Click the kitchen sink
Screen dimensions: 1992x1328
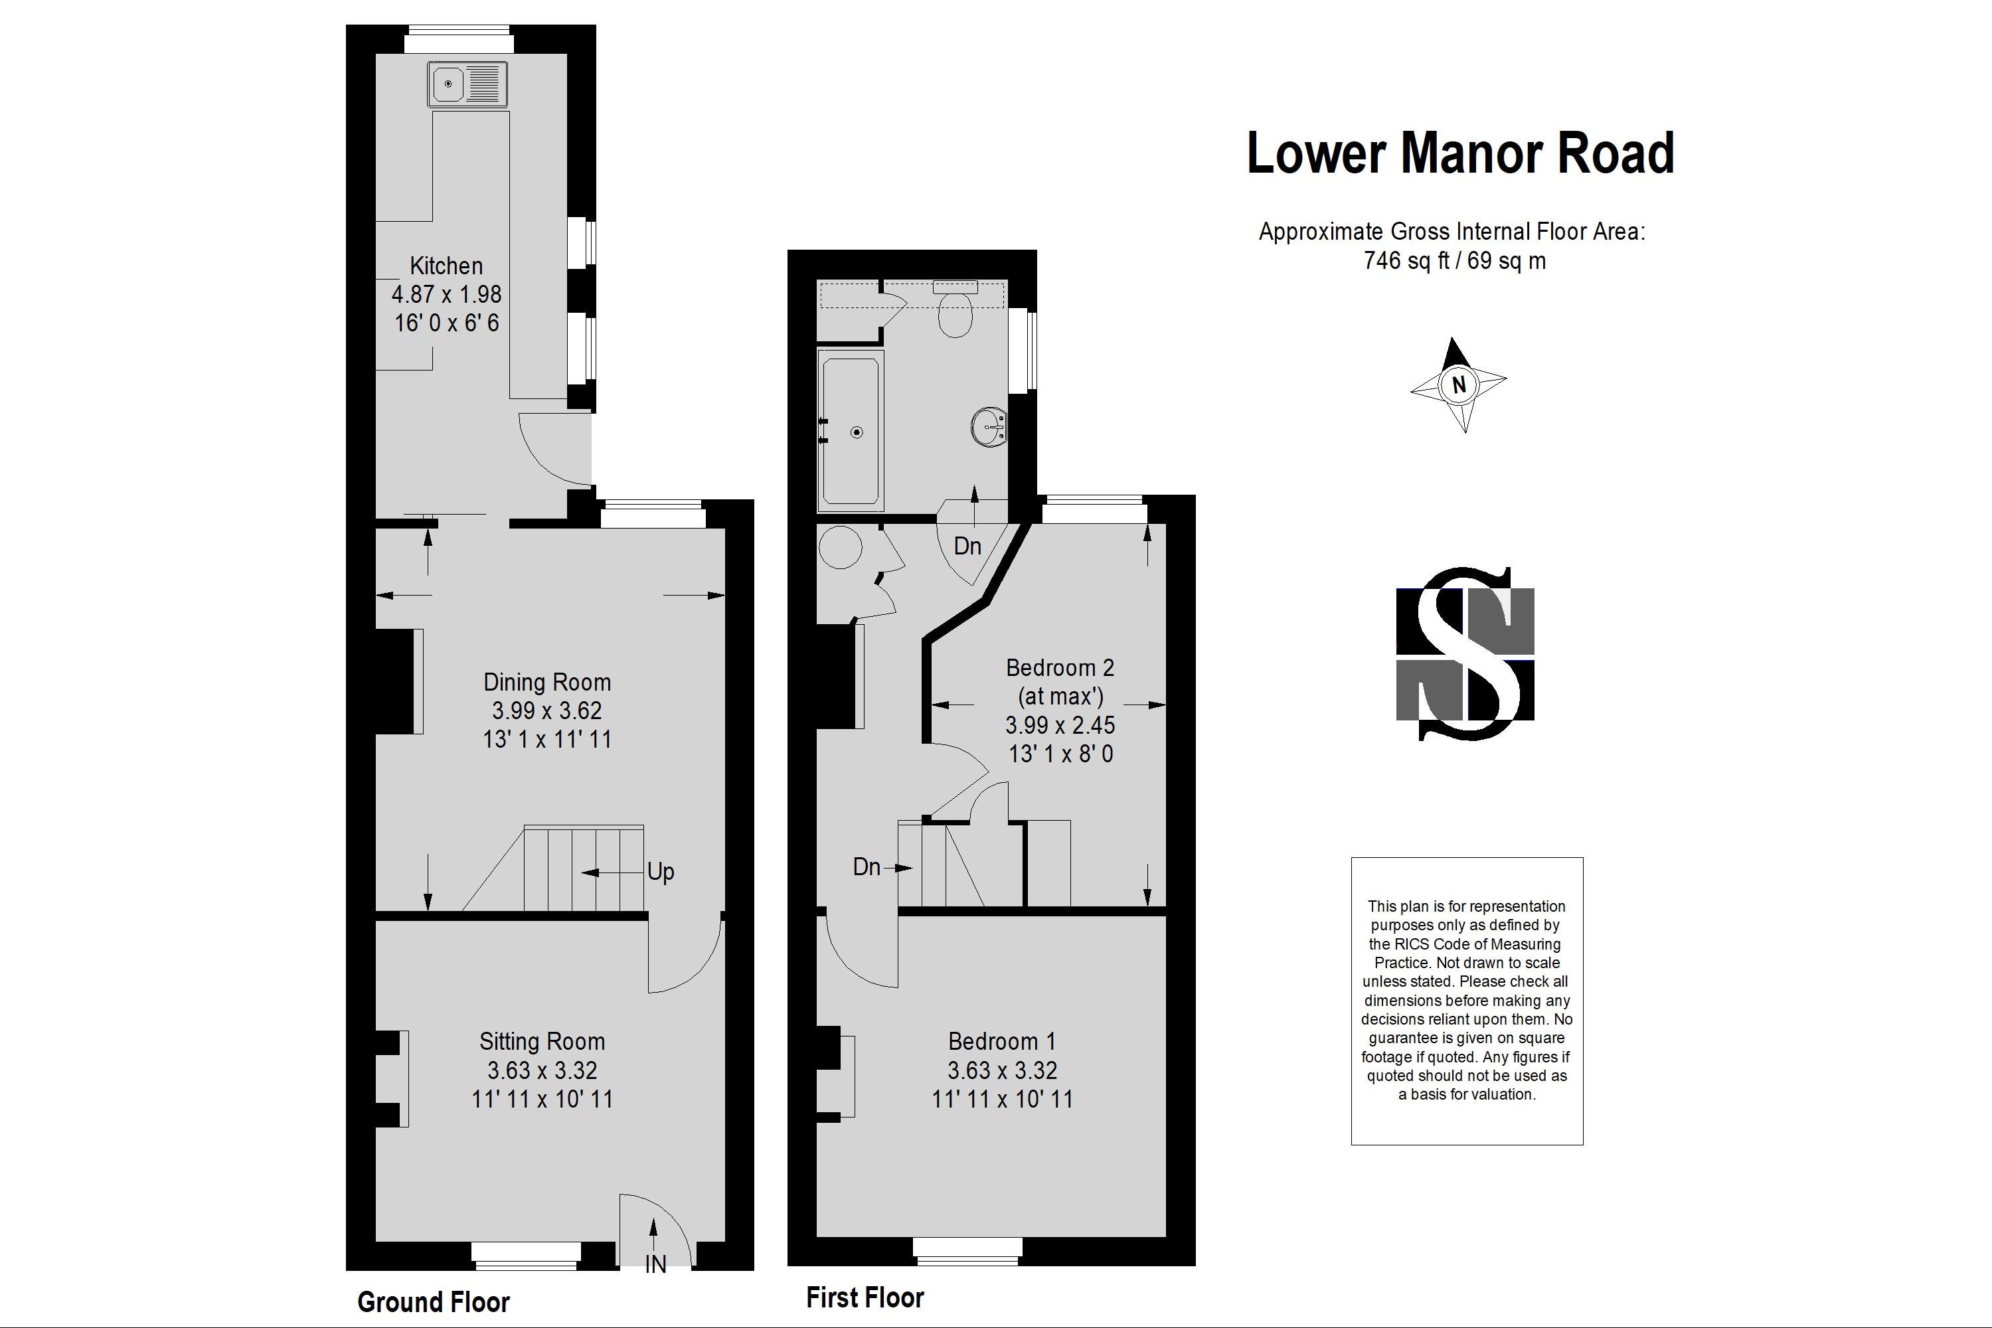468,84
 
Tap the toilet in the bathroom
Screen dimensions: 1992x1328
955,309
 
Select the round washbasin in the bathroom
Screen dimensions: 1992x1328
989,427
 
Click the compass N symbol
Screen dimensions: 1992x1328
1458,385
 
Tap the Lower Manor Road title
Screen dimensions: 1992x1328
1461,153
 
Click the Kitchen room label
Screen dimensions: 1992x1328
446,266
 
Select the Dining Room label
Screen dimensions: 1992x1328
547,682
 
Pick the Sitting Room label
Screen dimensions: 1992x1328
542,1041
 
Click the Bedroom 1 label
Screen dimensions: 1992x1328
1002,1041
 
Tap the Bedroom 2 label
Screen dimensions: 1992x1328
1060,667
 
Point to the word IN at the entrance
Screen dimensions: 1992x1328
655,1264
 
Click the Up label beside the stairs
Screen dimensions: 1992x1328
661,871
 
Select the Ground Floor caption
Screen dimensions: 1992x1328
434,1301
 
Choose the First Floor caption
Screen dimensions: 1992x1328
865,1297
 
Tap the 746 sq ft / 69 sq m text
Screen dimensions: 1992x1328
1454,260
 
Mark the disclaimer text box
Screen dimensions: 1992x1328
1467,1001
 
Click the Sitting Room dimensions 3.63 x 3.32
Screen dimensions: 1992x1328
542,1070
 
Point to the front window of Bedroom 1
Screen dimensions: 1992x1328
967,1252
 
